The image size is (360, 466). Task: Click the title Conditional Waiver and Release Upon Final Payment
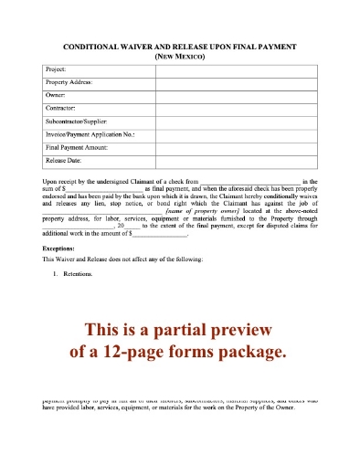coord(179,45)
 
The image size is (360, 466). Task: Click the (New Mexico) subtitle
coord(179,56)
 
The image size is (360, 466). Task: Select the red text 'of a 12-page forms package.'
coord(180,351)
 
